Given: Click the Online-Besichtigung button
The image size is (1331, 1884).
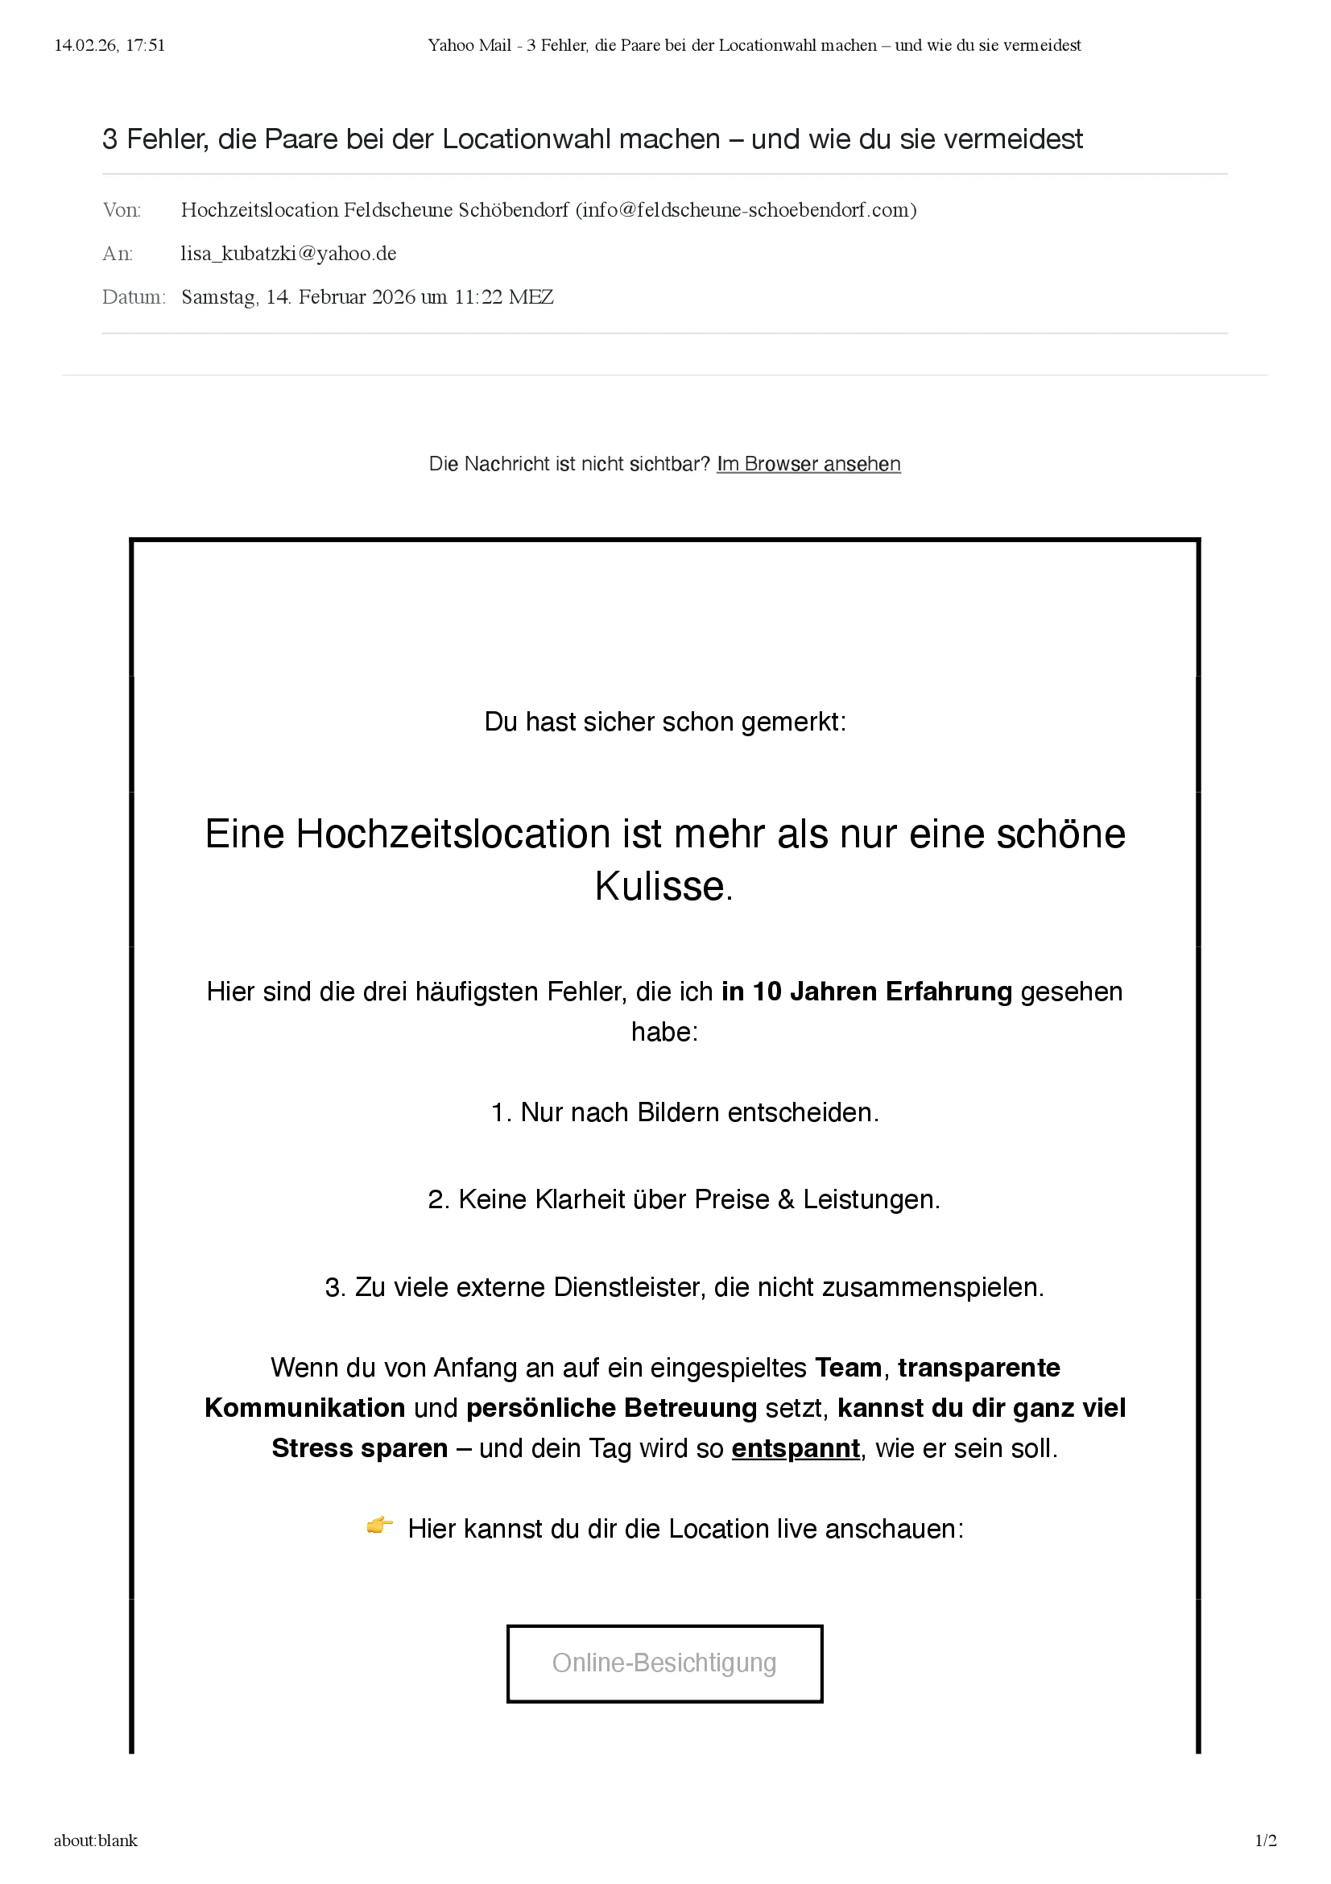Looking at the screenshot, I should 664,1663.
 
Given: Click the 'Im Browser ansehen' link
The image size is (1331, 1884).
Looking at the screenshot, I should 808,464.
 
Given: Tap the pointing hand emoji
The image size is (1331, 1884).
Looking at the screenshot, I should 379,1526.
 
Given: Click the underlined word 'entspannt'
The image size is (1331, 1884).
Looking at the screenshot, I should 796,1448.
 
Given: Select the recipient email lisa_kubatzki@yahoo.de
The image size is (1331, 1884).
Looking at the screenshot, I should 289,254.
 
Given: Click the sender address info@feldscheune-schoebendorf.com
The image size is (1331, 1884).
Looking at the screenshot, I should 746,210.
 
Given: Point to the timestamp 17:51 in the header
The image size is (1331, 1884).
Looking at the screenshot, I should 145,45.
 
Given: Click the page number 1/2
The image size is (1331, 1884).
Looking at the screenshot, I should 1266,1841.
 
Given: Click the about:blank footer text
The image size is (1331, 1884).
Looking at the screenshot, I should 96,1841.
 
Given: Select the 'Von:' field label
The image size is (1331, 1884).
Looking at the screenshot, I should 122,210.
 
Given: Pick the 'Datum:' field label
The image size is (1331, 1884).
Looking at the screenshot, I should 134,297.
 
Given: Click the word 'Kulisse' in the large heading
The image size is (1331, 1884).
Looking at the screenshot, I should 660,886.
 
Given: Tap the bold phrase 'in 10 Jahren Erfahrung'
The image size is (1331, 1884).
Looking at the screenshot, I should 867,992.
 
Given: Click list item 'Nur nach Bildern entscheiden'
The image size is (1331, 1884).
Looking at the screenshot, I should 684,1112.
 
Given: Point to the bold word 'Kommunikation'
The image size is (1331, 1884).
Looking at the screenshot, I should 304,1407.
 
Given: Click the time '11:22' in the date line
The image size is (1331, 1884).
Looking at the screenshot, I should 478,297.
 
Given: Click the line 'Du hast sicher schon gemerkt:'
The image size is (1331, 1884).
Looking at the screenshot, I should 664,722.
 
